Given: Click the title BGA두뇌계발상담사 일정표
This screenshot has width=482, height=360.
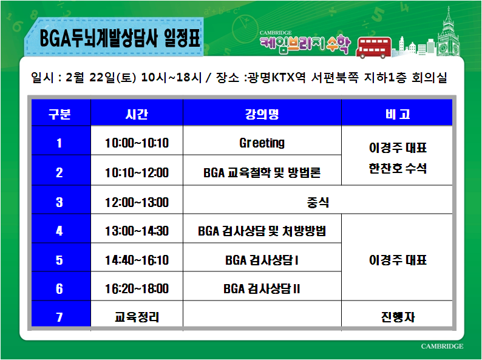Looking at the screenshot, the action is [120, 39].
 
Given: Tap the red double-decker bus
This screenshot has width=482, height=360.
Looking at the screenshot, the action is [373, 47].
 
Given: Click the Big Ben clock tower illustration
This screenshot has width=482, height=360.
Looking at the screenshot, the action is [448, 33].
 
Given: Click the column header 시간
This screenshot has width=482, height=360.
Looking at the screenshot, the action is [137, 114].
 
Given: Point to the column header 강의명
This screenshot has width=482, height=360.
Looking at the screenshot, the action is [262, 114].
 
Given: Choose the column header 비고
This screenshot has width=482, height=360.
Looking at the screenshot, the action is [398, 114].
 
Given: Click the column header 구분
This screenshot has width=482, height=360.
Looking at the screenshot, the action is [59, 114].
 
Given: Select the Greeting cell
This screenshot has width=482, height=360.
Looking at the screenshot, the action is [262, 143].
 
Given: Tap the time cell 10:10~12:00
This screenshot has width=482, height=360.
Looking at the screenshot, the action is [137, 172].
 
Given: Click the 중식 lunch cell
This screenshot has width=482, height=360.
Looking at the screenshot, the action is [318, 202].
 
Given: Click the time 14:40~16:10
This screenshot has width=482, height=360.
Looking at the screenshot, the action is [137, 260].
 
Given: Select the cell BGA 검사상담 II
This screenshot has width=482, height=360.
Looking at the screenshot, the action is [262, 289].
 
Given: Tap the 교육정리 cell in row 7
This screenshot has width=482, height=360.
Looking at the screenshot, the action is [137, 317].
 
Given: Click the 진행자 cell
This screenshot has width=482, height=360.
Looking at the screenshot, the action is [398, 317].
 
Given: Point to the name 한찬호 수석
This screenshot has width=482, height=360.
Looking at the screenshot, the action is [398, 168].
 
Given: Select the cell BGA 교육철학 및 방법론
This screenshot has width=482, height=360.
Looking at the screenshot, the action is [262, 172].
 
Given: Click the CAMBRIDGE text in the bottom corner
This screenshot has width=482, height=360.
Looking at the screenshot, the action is [442, 346].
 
